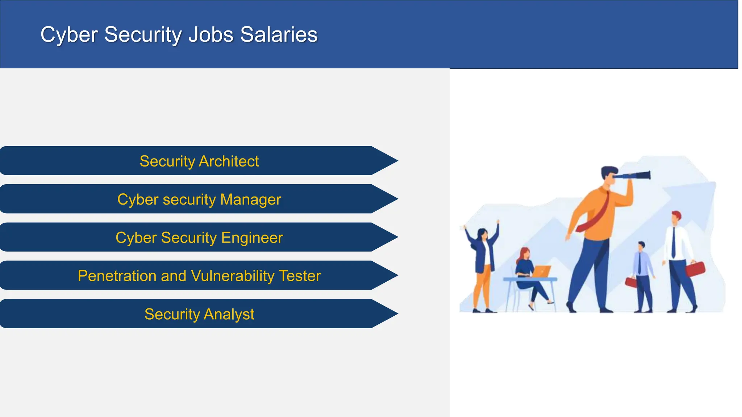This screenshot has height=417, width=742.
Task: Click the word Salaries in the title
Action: [x=279, y=35]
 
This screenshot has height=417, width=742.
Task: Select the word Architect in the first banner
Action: [x=229, y=161]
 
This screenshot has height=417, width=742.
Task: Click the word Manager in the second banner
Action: [x=250, y=199]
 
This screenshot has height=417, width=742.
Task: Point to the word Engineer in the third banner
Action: [x=252, y=238]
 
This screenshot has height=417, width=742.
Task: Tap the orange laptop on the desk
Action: [x=541, y=271]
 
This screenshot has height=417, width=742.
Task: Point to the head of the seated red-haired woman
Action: [x=525, y=253]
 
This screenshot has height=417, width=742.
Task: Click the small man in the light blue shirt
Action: [x=642, y=275]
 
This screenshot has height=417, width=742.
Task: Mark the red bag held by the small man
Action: [x=631, y=282]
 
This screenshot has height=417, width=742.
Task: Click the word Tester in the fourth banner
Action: [x=300, y=276]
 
